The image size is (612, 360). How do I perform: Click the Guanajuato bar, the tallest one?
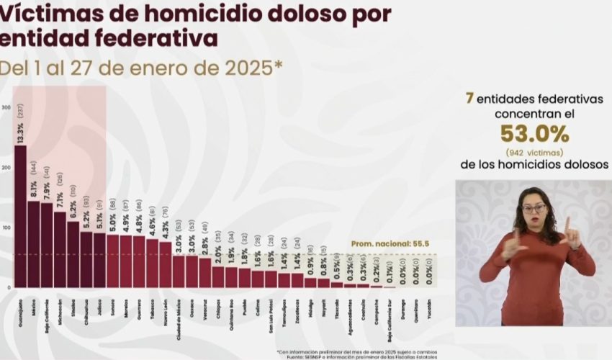(x=20, y=216)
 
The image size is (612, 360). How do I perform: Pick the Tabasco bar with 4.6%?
(x=152, y=263)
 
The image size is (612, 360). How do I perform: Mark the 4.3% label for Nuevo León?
(x=166, y=230)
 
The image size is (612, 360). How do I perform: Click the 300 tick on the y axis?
(x=6, y=108)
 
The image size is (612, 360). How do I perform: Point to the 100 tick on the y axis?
(x=6, y=228)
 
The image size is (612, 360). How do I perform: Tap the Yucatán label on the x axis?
(x=430, y=310)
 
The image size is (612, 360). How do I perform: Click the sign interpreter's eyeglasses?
(x=534, y=208)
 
